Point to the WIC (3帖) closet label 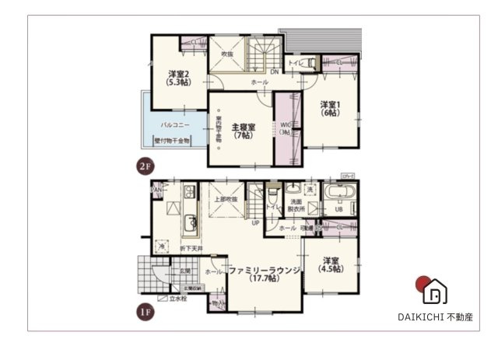coord(285,128)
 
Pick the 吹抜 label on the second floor coord(227,54)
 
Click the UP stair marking coord(255,222)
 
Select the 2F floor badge coord(143,165)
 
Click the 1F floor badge coord(143,311)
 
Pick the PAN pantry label coord(156,189)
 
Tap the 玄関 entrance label coord(185,271)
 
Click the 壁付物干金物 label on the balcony coord(173,141)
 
